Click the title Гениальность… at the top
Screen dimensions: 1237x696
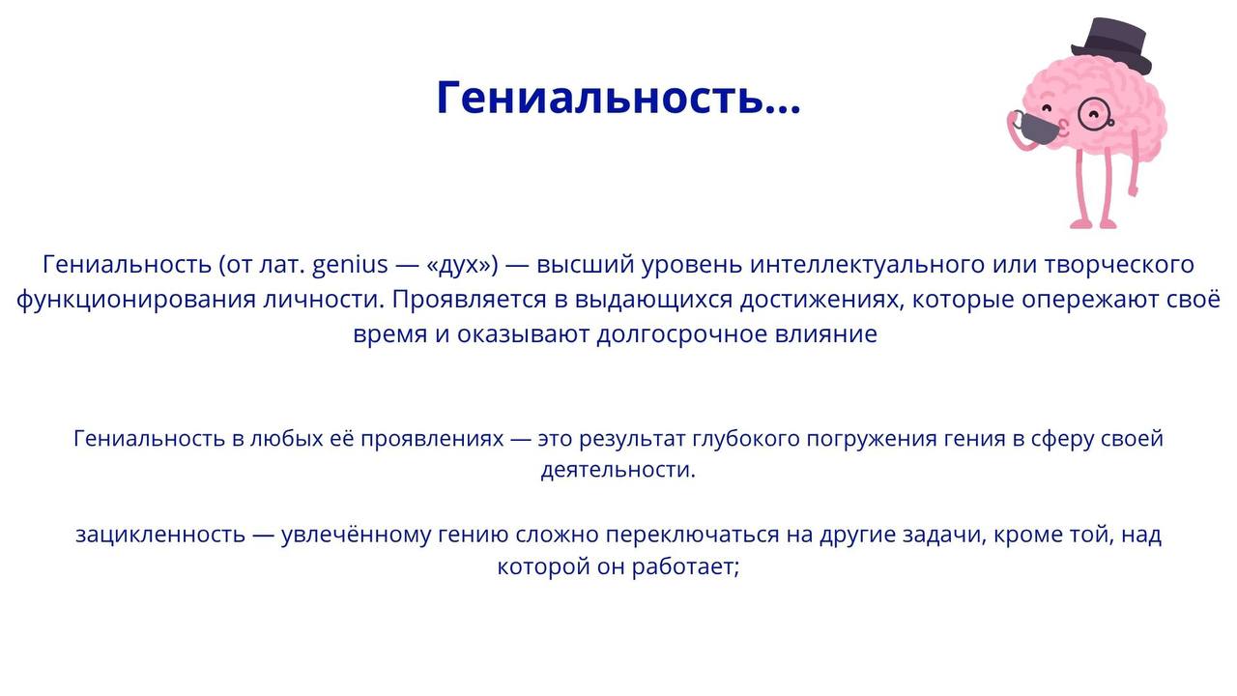[618, 99]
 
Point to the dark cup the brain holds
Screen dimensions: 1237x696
[1038, 128]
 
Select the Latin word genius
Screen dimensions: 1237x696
[350, 265]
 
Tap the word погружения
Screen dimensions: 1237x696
[872, 439]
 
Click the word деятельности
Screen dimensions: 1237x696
[618, 471]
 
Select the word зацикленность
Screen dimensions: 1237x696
[160, 536]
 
